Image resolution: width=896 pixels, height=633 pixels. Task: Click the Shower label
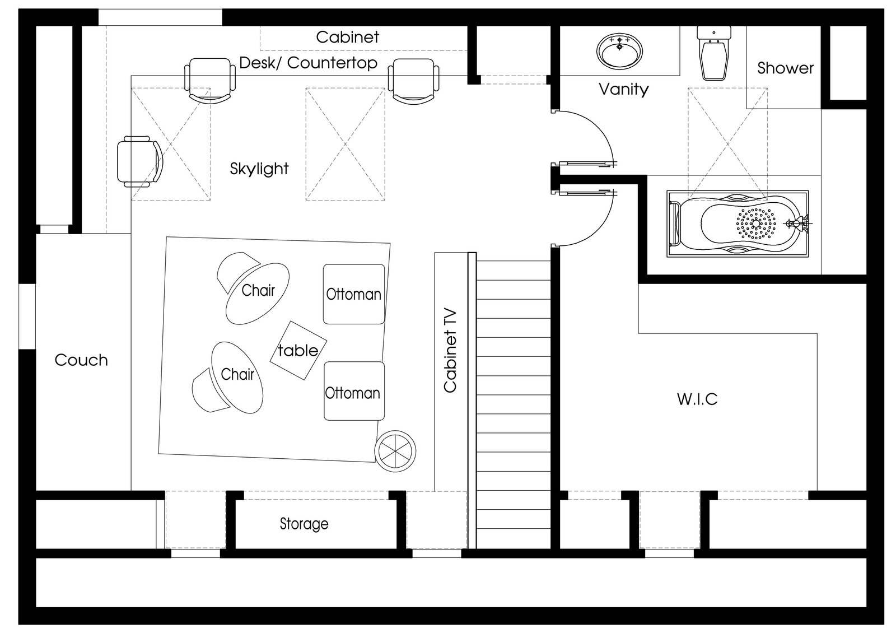(x=785, y=68)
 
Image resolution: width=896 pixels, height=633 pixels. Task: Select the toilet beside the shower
(x=713, y=53)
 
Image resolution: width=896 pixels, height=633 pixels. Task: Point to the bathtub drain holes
(x=756, y=224)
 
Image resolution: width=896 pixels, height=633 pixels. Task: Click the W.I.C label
(x=697, y=399)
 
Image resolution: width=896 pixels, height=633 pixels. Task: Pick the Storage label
(x=304, y=524)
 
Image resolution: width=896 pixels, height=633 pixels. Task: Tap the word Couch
(x=81, y=360)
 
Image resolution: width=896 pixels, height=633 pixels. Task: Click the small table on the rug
(x=298, y=350)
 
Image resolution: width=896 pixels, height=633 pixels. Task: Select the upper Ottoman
(x=353, y=294)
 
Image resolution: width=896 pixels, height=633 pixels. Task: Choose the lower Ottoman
(x=354, y=391)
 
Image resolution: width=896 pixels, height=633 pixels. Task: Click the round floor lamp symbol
(x=395, y=451)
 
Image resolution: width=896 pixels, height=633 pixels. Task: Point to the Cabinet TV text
(x=450, y=350)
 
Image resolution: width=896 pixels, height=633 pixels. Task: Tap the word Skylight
(x=259, y=169)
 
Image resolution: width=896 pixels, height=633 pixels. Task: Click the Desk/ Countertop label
(x=309, y=63)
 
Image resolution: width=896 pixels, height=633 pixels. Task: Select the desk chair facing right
(x=141, y=162)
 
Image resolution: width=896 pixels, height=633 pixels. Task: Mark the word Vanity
(x=624, y=89)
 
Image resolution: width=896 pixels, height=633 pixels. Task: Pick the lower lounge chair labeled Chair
(x=228, y=378)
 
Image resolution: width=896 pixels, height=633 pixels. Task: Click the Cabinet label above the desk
(x=347, y=37)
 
